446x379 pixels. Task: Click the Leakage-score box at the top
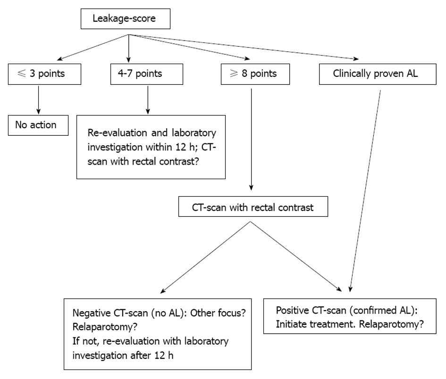click(x=126, y=19)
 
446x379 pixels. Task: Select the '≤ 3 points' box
click(x=45, y=74)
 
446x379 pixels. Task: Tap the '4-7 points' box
click(x=147, y=74)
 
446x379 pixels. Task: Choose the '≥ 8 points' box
click(x=255, y=74)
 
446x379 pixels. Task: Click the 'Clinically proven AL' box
click(x=378, y=74)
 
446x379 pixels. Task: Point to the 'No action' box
click(x=38, y=125)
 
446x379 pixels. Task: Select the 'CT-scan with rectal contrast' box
click(x=253, y=206)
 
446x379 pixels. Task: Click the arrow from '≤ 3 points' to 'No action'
click(x=38, y=100)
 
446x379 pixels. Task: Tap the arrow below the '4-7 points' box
click(x=148, y=100)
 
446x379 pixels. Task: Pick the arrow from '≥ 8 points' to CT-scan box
click(x=251, y=140)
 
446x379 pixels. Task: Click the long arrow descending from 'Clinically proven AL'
click(x=365, y=191)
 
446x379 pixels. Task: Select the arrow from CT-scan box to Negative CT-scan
click(x=205, y=257)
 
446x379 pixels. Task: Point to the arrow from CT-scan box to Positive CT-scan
click(x=296, y=256)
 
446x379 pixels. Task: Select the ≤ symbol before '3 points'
click(x=22, y=74)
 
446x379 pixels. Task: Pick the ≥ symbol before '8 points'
click(x=234, y=74)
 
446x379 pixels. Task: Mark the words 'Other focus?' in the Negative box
click(x=218, y=313)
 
